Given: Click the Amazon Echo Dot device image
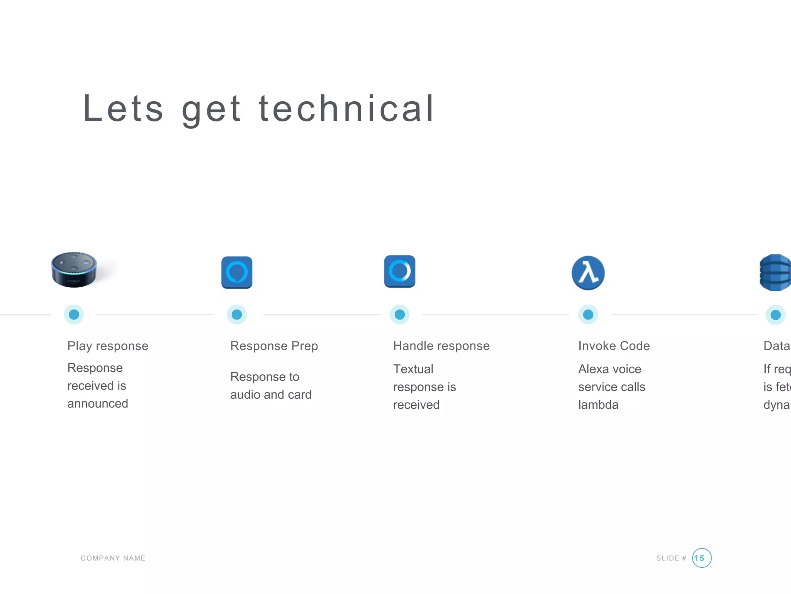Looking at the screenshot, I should [74, 270].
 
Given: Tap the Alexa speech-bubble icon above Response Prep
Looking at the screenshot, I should [237, 272].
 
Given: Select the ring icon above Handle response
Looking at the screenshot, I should [400, 271].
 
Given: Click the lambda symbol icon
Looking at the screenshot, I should [588, 273].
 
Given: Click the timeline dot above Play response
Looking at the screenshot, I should [74, 314].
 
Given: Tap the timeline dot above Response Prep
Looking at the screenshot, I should [237, 314].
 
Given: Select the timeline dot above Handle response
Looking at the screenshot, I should [400, 314].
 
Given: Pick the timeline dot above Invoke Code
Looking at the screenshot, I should [588, 314].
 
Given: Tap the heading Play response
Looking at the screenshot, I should [108, 346].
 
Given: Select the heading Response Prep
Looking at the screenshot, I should [274, 346].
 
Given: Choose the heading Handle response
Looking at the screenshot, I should [441, 346].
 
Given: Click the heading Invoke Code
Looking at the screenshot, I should [614, 346].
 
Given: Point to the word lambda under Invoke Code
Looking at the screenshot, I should [598, 405].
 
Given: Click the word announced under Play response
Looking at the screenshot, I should [98, 403].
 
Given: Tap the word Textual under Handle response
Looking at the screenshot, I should [413, 369].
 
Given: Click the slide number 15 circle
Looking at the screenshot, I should [701, 558].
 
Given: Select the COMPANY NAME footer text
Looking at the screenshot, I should [113, 558].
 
